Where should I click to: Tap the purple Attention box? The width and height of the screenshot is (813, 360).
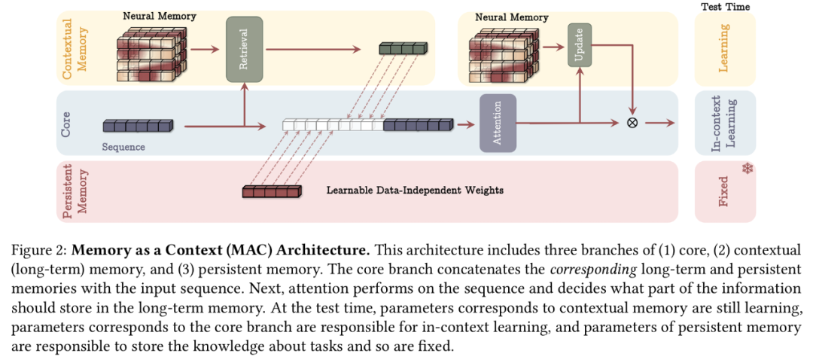pyautogui.click(x=497, y=124)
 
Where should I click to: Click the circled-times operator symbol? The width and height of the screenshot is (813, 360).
pyautogui.click(x=632, y=123)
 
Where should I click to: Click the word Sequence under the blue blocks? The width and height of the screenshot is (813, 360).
pyautogui.click(x=123, y=147)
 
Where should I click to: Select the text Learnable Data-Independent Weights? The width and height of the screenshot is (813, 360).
pyautogui.click(x=414, y=190)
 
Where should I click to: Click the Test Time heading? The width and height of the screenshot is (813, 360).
pyautogui.click(x=725, y=7)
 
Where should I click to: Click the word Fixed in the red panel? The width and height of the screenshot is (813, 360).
pyautogui.click(x=723, y=191)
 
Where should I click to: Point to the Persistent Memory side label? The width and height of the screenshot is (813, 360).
pyautogui.click(x=73, y=191)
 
